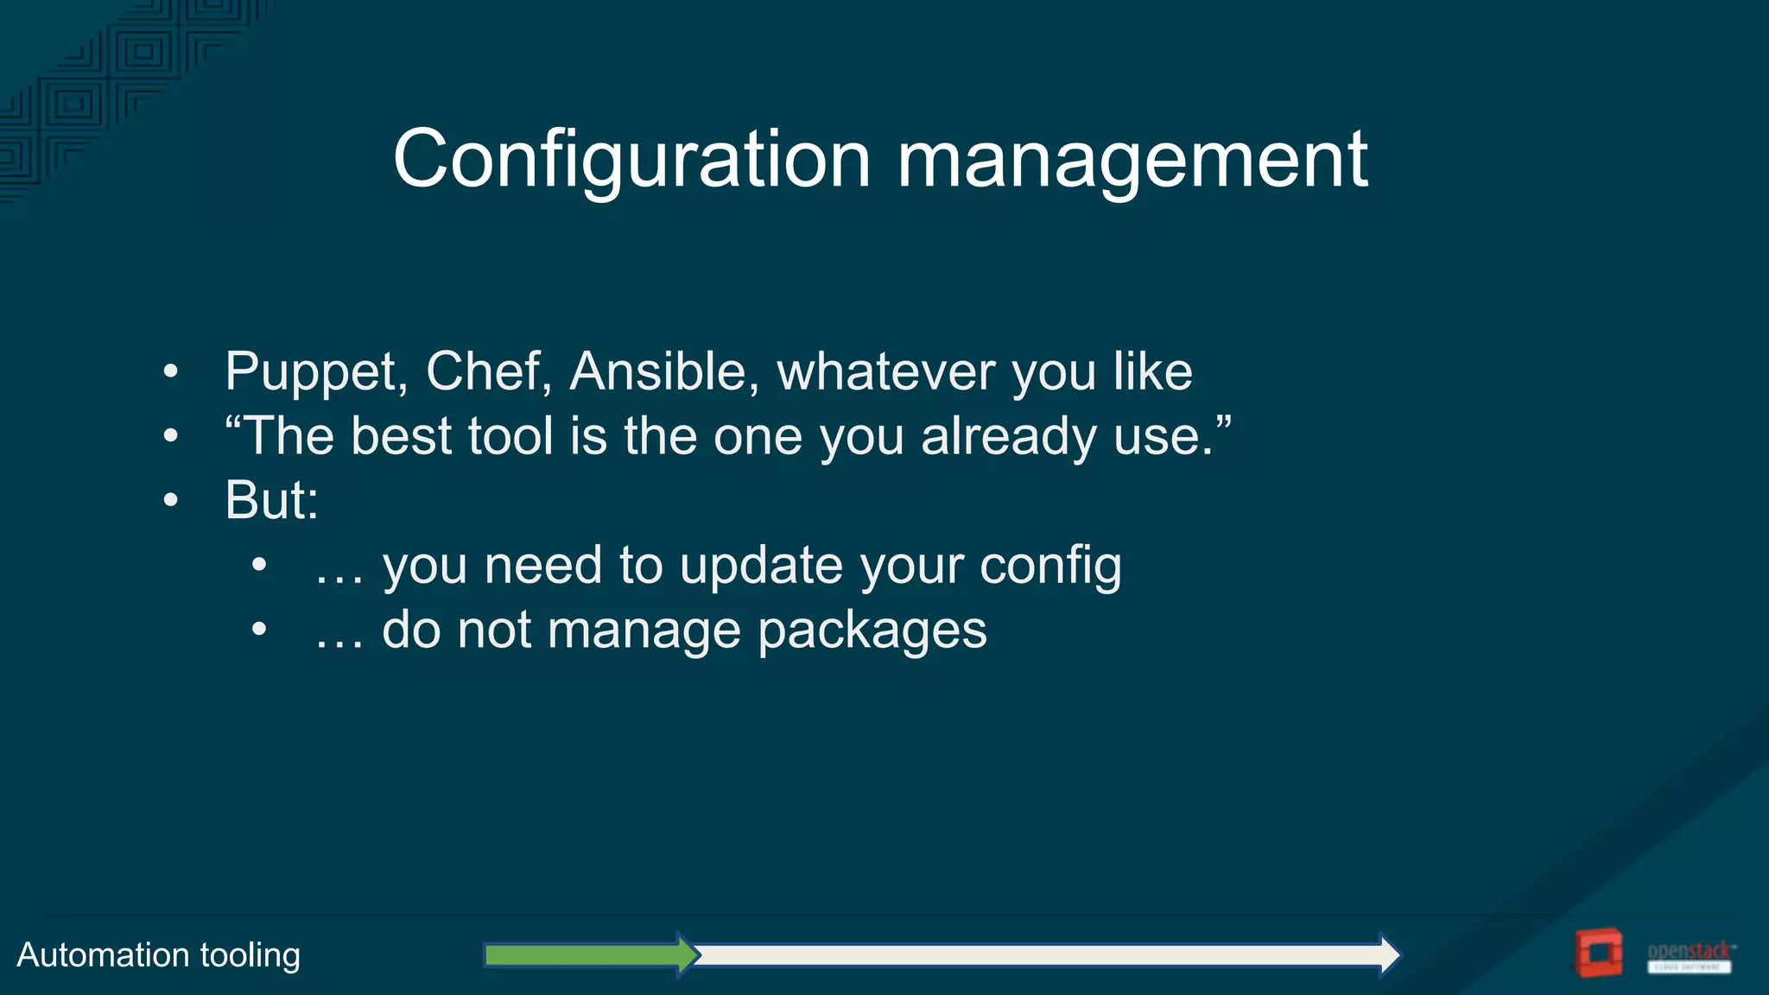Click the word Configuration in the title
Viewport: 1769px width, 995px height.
click(631, 160)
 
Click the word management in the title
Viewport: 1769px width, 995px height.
click(1132, 160)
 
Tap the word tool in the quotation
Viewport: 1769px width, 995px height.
click(510, 436)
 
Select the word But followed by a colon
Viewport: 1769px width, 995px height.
click(270, 500)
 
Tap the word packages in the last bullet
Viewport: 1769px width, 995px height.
click(872, 631)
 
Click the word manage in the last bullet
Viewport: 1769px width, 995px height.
click(643, 631)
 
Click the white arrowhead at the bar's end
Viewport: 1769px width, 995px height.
click(1388, 954)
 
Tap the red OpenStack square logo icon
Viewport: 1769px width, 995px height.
click(1598, 953)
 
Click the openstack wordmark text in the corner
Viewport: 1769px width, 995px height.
click(1690, 951)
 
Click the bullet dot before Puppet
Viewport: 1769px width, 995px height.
click(171, 372)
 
